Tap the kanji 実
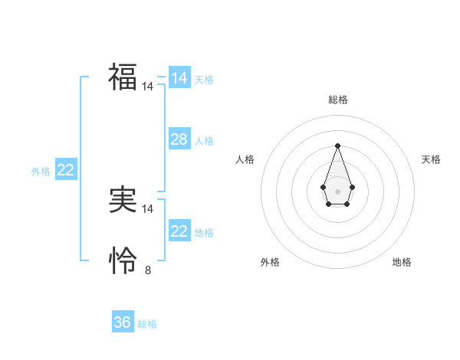point(123,200)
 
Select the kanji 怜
point(123,261)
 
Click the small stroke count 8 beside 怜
point(148,270)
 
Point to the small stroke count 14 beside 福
point(148,87)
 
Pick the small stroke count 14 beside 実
point(148,209)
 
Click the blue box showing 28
point(179,139)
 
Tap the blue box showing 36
point(122,322)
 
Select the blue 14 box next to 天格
point(179,78)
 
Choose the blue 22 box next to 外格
point(65,170)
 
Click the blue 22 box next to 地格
point(179,231)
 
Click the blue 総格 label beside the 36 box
point(147,324)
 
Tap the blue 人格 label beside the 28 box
point(204,141)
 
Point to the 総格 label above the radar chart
point(337,100)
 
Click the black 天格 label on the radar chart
point(431,159)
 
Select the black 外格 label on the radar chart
point(270,262)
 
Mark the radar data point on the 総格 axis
point(337,146)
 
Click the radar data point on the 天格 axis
point(352,187)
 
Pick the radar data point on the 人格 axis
point(323,187)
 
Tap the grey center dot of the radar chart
point(337,191)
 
